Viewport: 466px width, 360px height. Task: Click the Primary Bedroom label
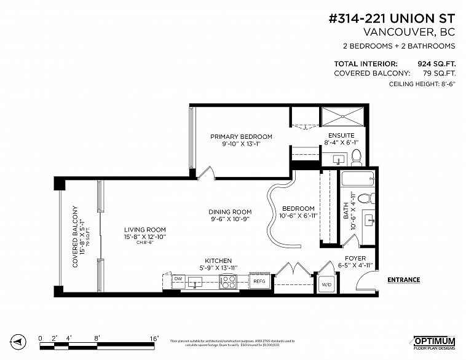click(x=241, y=137)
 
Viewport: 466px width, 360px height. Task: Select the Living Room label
click(x=144, y=230)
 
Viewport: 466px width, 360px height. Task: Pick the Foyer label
click(x=355, y=258)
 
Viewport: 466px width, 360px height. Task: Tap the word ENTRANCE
click(x=403, y=280)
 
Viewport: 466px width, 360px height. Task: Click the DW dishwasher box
click(x=178, y=279)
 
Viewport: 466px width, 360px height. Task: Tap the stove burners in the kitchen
click(x=228, y=281)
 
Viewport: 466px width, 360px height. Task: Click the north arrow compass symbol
click(x=18, y=341)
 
